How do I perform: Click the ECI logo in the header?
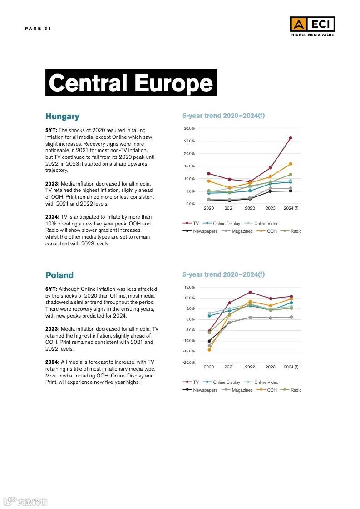pyautogui.click(x=312, y=24)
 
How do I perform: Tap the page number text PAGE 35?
pyautogui.click(x=38, y=29)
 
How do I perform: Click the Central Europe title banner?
pyautogui.click(x=131, y=83)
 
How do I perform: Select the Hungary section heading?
pyautogui.click(x=62, y=117)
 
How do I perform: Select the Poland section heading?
pyautogui.click(x=59, y=275)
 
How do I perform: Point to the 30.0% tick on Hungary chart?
pyautogui.click(x=189, y=128)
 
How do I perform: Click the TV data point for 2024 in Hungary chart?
pyautogui.click(x=291, y=137)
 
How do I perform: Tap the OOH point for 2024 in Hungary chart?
pyautogui.click(x=291, y=164)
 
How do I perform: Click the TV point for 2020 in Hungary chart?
pyautogui.click(x=209, y=173)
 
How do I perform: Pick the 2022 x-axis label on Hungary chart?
pyautogui.click(x=250, y=208)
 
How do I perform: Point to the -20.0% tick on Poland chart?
pyautogui.click(x=188, y=362)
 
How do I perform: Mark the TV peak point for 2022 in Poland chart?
pyautogui.click(x=250, y=292)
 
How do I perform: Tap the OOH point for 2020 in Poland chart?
pyautogui.click(x=209, y=350)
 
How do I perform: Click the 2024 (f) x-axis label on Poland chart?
pyautogui.click(x=291, y=367)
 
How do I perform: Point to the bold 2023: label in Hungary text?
pyautogui.click(x=52, y=184)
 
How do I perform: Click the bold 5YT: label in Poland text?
pyautogui.click(x=51, y=289)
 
